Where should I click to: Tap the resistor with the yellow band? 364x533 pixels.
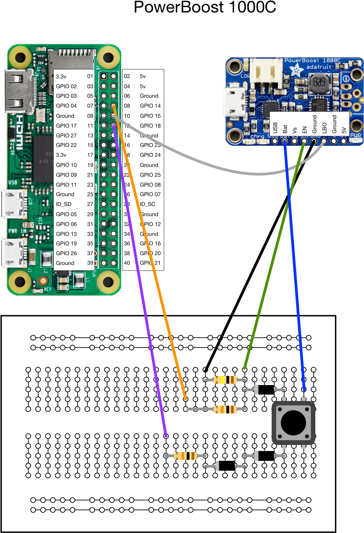[225, 380]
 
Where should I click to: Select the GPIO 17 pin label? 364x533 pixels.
[66, 126]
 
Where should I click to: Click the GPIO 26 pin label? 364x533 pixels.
[66, 253]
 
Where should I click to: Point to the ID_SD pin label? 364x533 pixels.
[64, 204]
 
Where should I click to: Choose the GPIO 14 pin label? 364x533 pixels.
[150, 106]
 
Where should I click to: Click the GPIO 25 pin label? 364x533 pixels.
[150, 175]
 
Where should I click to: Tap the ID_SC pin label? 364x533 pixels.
[148, 204]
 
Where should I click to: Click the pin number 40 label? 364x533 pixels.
[127, 263]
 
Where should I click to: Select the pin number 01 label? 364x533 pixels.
[90, 76]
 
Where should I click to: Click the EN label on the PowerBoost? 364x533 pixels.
[304, 130]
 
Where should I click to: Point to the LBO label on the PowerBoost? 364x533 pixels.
[324, 128]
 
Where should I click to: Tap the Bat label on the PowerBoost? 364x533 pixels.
[285, 129]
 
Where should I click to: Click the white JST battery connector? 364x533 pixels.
[266, 74]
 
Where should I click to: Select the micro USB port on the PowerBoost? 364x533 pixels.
[233, 101]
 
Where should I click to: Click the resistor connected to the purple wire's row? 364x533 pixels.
[185, 456]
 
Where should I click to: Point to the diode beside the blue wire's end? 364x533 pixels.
[266, 390]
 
